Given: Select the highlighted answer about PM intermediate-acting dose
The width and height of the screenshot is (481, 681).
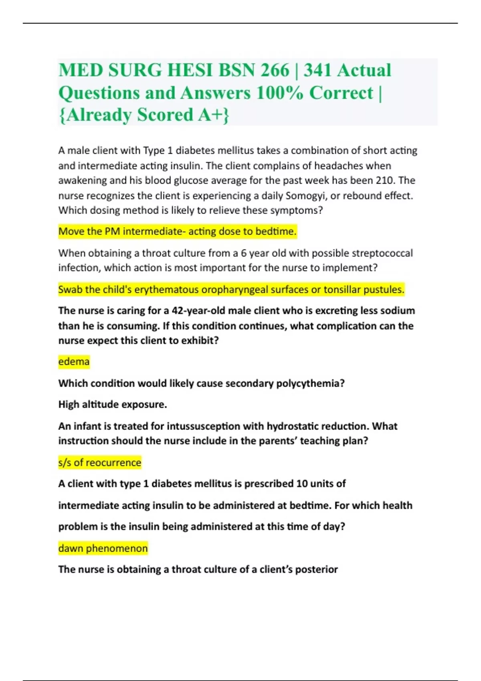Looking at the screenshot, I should (x=177, y=231).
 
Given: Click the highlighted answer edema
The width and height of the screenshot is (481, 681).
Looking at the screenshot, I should (x=74, y=361).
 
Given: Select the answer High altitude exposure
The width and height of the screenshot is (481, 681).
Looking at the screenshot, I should (x=112, y=405).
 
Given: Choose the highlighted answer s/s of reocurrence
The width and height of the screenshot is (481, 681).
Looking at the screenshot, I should (x=99, y=462).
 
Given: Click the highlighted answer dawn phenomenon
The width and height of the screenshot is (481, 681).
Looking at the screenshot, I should (x=103, y=548).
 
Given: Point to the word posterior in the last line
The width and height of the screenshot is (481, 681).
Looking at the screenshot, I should (x=316, y=569).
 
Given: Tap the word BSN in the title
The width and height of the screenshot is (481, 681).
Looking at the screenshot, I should (x=237, y=70).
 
